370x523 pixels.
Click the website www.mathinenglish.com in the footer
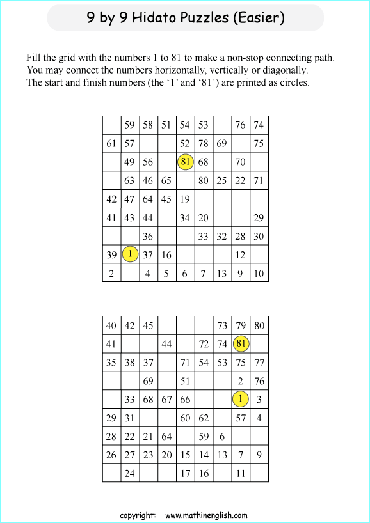(x=206, y=515)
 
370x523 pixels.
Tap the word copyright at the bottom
(x=138, y=515)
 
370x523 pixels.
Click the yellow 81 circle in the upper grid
(x=185, y=162)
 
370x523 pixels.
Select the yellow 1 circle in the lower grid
(x=241, y=399)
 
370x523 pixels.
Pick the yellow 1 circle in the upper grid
(x=130, y=254)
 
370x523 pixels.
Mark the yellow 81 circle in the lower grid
(x=241, y=343)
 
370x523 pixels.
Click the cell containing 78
(x=204, y=143)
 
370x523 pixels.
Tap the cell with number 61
(x=111, y=143)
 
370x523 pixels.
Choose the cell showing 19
(x=185, y=199)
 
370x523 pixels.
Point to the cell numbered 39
(x=111, y=254)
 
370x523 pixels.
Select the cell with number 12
(x=241, y=254)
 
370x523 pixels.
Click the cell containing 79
(x=241, y=325)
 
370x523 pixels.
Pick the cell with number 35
(x=111, y=362)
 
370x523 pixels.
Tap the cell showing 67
(x=166, y=399)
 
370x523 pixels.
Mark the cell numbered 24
(x=130, y=473)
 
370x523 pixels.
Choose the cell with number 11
(x=241, y=473)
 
